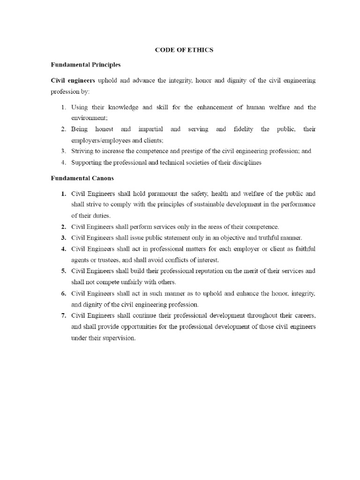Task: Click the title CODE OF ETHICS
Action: point(184,50)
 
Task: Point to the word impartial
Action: point(150,129)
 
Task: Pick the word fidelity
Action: point(242,129)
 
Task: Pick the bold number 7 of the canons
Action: point(63,315)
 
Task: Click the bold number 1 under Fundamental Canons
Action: point(63,193)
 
